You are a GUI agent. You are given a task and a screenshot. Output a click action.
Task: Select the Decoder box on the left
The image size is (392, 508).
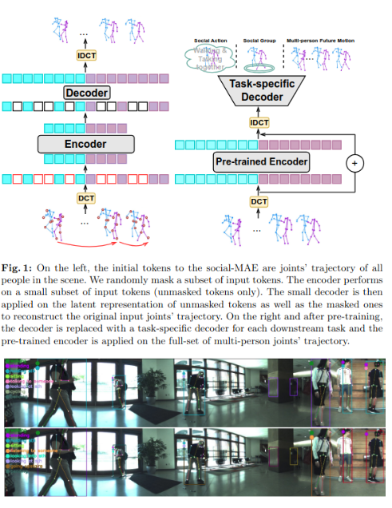click(x=87, y=93)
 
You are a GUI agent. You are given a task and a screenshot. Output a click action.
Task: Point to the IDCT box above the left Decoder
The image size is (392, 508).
click(x=87, y=55)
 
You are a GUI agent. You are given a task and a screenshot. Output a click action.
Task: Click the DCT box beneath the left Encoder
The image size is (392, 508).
click(x=85, y=197)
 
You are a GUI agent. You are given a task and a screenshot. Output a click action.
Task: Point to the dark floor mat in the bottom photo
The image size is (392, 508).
click(x=192, y=481)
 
